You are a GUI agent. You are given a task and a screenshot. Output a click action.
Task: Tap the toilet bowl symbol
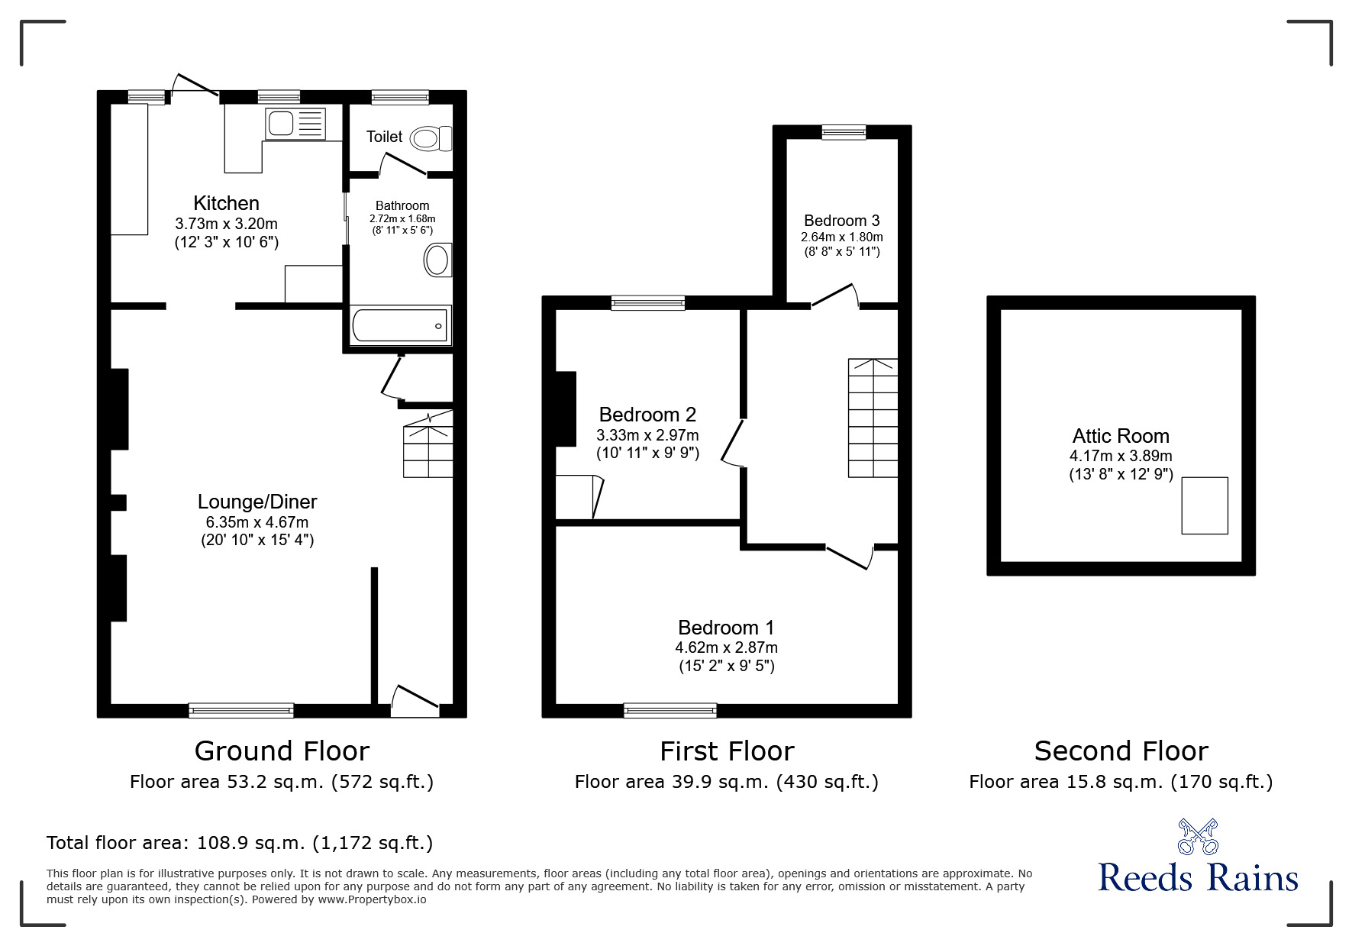[428, 138]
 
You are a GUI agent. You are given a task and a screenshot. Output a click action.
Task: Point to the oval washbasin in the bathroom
[437, 260]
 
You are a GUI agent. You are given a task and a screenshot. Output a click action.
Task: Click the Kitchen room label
[226, 203]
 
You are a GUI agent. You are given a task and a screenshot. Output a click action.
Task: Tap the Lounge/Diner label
[257, 502]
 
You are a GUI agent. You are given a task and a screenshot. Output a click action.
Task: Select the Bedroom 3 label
[841, 221]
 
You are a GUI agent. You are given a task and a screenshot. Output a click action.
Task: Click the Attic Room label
[1120, 436]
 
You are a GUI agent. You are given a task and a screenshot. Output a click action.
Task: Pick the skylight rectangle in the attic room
[1205, 505]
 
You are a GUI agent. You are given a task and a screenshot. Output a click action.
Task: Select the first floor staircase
[873, 418]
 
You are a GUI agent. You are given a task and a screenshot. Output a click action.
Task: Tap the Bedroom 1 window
[670, 711]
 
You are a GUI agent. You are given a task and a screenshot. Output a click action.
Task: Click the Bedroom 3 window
[844, 132]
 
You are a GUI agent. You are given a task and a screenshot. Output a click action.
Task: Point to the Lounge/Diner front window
[241, 711]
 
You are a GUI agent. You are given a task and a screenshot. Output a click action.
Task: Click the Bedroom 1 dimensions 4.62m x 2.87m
[726, 647]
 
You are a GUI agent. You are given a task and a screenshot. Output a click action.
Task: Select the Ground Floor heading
[282, 751]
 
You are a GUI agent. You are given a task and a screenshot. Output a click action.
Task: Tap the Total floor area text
[240, 843]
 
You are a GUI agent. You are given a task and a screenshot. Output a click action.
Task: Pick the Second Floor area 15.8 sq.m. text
[1121, 782]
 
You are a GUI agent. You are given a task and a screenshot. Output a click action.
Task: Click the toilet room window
[400, 97]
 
